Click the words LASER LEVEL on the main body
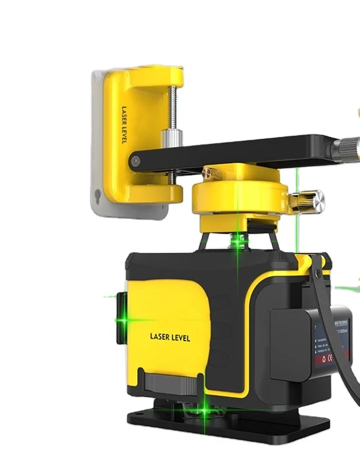[x=170, y=337]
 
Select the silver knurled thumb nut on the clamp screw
[x=169, y=139]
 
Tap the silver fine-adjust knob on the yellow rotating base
[x=314, y=200]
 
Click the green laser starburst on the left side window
[x=120, y=320]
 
